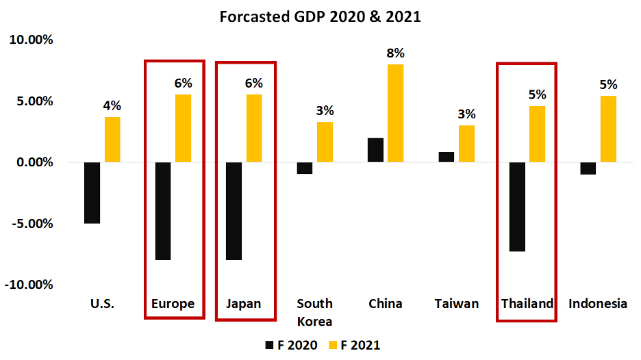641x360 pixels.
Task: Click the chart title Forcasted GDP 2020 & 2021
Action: click(320, 16)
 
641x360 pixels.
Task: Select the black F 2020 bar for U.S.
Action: click(92, 192)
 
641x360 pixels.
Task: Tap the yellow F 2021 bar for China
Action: click(395, 113)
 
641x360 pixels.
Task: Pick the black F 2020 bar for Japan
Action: click(234, 211)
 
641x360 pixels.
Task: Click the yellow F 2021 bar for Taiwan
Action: click(466, 144)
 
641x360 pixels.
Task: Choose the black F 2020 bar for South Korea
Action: click(305, 168)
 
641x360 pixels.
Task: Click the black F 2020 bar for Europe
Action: click(164, 211)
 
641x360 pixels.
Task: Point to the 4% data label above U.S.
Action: click(112, 105)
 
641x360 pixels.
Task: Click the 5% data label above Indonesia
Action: click(608, 85)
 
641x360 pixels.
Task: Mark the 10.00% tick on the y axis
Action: click(31, 40)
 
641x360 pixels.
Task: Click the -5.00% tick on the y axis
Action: click(31, 224)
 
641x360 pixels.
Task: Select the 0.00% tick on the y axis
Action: click(31, 162)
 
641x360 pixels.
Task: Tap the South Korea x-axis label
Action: click(315, 312)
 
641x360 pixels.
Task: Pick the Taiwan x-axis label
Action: click(457, 303)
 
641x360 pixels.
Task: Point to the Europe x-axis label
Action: click(173, 303)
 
